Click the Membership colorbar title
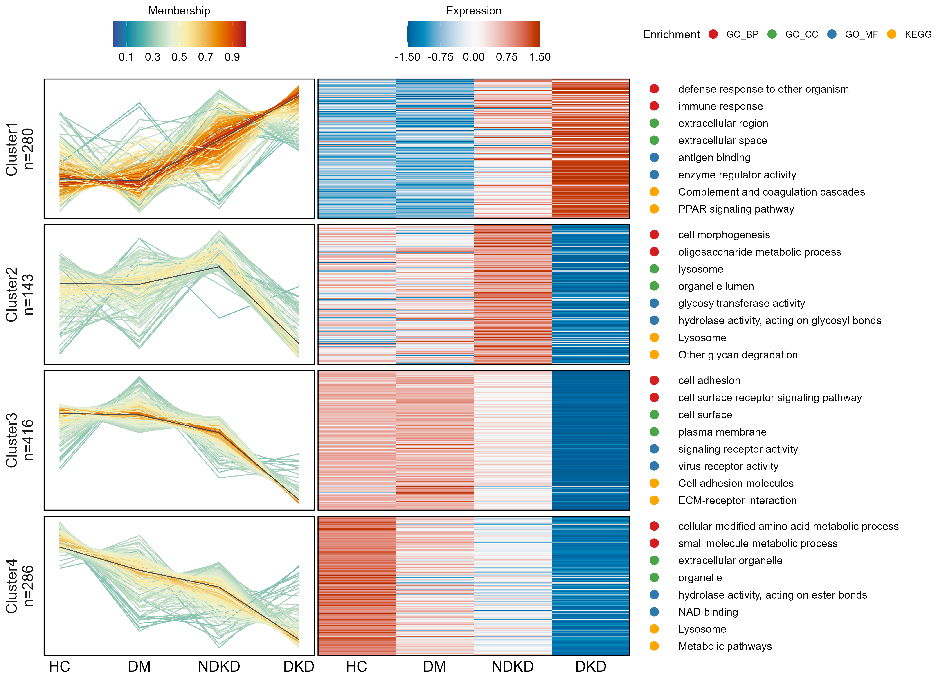click(x=179, y=11)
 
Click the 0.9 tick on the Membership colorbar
click(x=232, y=57)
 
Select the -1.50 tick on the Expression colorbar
click(x=407, y=57)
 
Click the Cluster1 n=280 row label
click(x=19, y=149)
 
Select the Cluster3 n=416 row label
click(x=19, y=440)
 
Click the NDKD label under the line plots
click(x=219, y=666)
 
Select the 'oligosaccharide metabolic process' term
click(x=759, y=252)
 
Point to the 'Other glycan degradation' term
click(x=738, y=355)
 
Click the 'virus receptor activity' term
click(x=728, y=466)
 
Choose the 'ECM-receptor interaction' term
click(x=737, y=500)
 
